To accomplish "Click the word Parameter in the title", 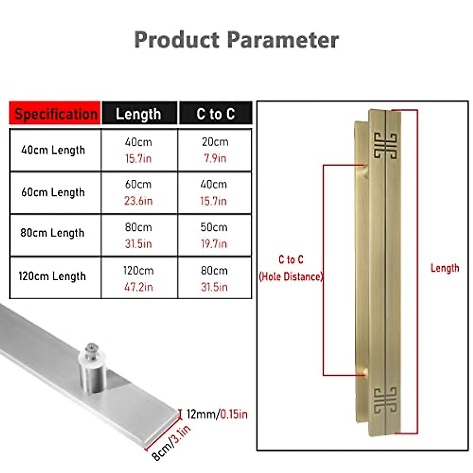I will [283, 40].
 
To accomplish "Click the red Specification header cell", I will [55, 114].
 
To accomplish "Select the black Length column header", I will [138, 114].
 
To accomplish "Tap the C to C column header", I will [216, 114].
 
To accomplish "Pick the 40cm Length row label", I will [53, 150].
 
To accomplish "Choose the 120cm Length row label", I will [52, 276].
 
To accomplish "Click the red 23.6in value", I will [138, 201].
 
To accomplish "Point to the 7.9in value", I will [215, 158].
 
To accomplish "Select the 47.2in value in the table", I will [138, 287].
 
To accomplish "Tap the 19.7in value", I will [214, 244].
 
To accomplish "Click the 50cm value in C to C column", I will [214, 227].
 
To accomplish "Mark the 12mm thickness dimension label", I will [201, 414].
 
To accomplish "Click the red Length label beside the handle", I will [445, 268].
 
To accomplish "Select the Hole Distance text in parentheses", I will [291, 277].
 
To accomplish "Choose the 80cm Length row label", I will [52, 233].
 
